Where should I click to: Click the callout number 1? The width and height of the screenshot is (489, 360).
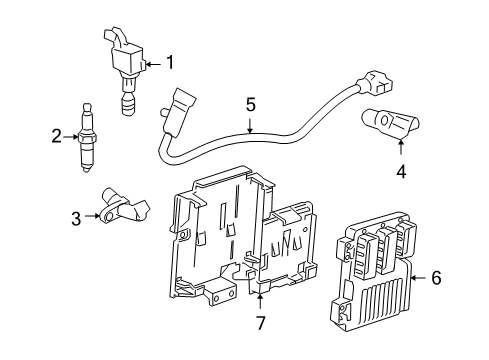(169, 63)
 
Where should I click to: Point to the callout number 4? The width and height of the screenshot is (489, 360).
(401, 171)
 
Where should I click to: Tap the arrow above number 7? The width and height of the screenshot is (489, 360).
(261, 303)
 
